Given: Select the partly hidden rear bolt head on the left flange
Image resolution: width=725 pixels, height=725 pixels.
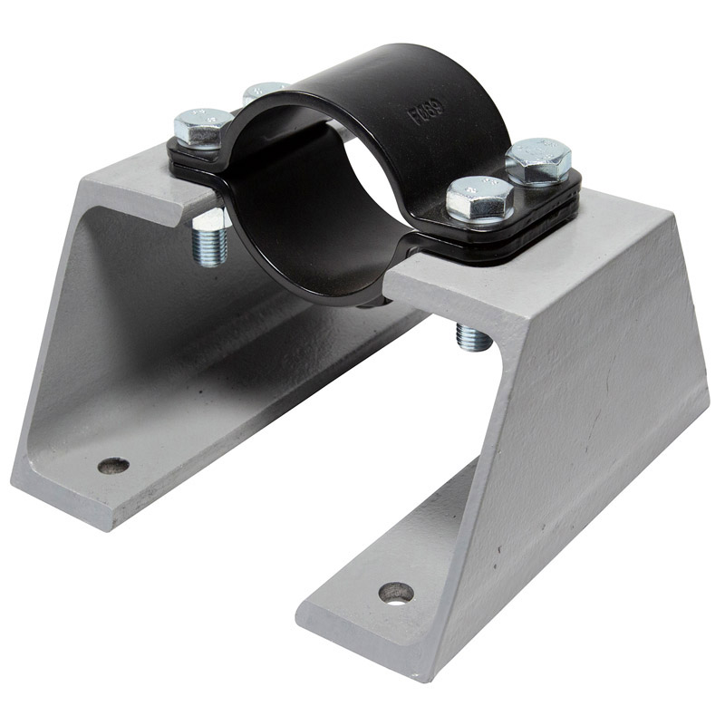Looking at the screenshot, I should click(x=265, y=92).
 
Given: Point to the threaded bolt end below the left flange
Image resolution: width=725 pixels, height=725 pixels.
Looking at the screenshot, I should click(x=209, y=239).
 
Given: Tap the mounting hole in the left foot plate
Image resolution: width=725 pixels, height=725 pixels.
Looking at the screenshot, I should click(x=113, y=466).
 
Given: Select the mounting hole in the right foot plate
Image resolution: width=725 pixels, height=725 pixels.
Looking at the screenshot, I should click(x=395, y=594).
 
